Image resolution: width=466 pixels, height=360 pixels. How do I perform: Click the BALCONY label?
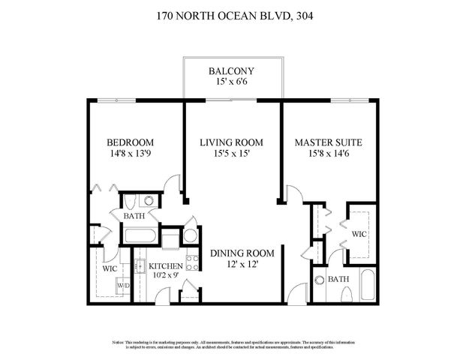pos(233,71)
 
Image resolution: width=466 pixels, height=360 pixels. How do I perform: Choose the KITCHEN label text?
pos(166,266)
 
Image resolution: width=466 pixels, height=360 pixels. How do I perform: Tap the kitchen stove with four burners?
pos(191,263)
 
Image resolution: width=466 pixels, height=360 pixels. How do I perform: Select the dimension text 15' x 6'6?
pos(233,83)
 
